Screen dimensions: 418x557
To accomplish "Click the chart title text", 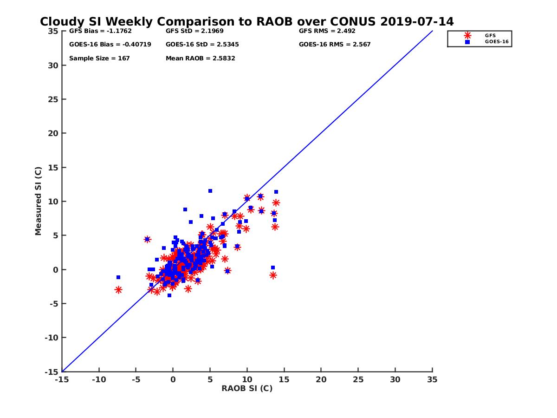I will (x=246, y=22).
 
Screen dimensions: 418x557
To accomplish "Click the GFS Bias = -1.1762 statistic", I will (x=96, y=32).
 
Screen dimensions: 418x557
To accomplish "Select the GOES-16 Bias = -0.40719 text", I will (x=104, y=45).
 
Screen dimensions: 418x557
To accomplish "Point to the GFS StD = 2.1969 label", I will (x=192, y=32).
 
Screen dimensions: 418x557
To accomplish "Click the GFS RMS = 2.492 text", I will (x=327, y=32).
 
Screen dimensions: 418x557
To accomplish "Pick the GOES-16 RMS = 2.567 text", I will (x=335, y=45).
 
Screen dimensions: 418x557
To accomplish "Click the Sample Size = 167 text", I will (x=99, y=59).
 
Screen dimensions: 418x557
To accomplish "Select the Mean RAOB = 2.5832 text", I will (x=201, y=59).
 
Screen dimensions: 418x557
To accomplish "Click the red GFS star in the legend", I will (x=467, y=35).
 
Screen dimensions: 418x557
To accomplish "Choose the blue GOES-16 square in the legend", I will (x=467, y=42).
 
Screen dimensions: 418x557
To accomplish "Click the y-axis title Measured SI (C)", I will (x=39, y=201).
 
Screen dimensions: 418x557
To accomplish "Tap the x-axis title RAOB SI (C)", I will (x=247, y=388).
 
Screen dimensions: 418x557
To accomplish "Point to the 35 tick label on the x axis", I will (x=432, y=379).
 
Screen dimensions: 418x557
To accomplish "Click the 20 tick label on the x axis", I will (x=321, y=379).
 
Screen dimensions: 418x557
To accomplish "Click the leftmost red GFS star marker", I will (x=118, y=290).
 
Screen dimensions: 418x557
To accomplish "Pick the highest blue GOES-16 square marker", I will (x=210, y=191).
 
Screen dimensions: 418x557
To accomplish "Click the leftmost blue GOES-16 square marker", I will (x=118, y=277).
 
